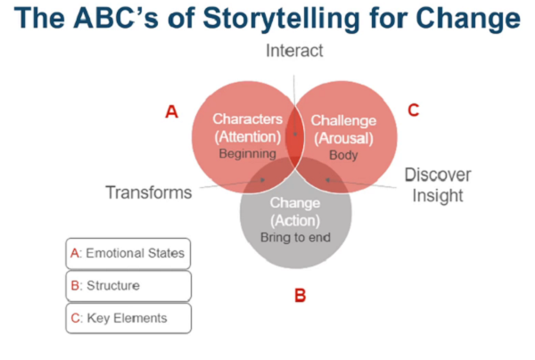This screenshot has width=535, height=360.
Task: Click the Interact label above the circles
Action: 294,51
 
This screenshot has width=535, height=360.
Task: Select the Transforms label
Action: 148,192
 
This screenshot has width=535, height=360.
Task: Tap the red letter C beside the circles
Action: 413,110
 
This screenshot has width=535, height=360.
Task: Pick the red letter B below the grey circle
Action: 300,294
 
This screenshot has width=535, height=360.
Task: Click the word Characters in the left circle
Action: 247,119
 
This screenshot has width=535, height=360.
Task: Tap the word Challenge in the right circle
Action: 344,119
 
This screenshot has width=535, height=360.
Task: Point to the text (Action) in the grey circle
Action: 295,220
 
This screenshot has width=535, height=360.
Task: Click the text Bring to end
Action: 295,237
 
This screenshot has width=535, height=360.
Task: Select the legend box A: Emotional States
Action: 128,253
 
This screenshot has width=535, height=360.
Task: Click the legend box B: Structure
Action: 128,285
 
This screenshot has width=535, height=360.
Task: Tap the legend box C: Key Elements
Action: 128,317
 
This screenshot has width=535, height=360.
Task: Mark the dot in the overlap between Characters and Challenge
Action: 295,135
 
